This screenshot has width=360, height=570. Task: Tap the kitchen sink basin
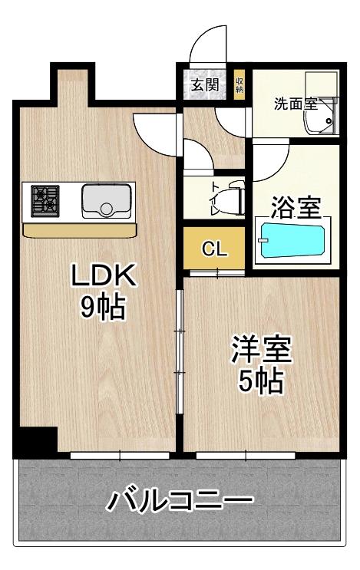pos(106,201)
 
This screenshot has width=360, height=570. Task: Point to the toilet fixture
pos(233,199)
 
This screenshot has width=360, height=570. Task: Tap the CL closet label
pos(214,249)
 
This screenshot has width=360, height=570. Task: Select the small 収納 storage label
pos(239,85)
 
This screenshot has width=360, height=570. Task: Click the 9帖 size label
pos(103,307)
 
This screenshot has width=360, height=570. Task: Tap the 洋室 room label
pos(262,349)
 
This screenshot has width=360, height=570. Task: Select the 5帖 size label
pos(260,381)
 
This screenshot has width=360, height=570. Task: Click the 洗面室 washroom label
pos(296,104)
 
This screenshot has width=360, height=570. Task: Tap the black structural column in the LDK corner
pos(38,439)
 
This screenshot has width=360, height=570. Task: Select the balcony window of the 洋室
pos(246,455)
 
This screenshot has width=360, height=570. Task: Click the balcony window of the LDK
pos(120,455)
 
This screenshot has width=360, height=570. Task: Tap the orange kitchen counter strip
pos(80,230)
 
